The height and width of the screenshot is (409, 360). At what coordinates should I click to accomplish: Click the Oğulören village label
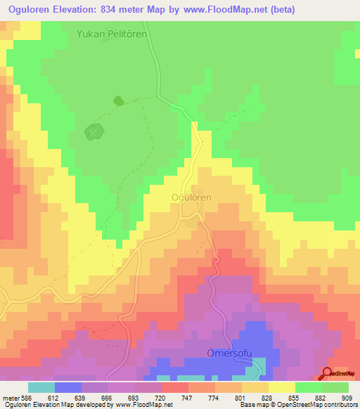pos(191,198)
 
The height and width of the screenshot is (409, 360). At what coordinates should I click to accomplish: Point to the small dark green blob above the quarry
pos(118,102)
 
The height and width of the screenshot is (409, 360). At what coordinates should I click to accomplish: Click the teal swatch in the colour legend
pos(41,387)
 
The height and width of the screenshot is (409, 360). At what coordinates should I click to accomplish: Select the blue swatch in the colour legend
pos(68,387)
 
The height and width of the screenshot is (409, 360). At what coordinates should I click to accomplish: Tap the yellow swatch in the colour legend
pos(282,387)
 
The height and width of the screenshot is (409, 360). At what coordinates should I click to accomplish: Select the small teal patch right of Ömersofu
pos(259,365)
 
